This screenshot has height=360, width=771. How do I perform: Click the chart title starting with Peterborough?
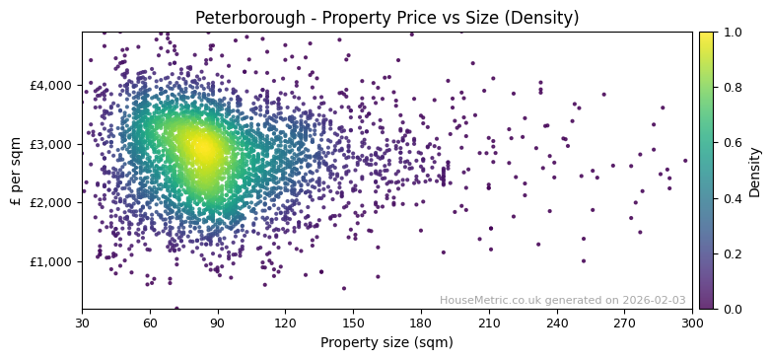(386, 18)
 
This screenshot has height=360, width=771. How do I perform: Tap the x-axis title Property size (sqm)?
(386, 343)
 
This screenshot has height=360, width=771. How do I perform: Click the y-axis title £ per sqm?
(16, 171)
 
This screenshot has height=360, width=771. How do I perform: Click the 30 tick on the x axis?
(82, 323)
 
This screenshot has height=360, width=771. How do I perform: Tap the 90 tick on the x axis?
(218, 323)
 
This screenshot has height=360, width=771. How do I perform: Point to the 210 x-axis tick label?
(489, 323)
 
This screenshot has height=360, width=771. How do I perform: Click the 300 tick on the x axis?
(692, 323)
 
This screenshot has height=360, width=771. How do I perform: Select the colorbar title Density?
(755, 172)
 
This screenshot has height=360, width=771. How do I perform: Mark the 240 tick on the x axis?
(557, 323)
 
